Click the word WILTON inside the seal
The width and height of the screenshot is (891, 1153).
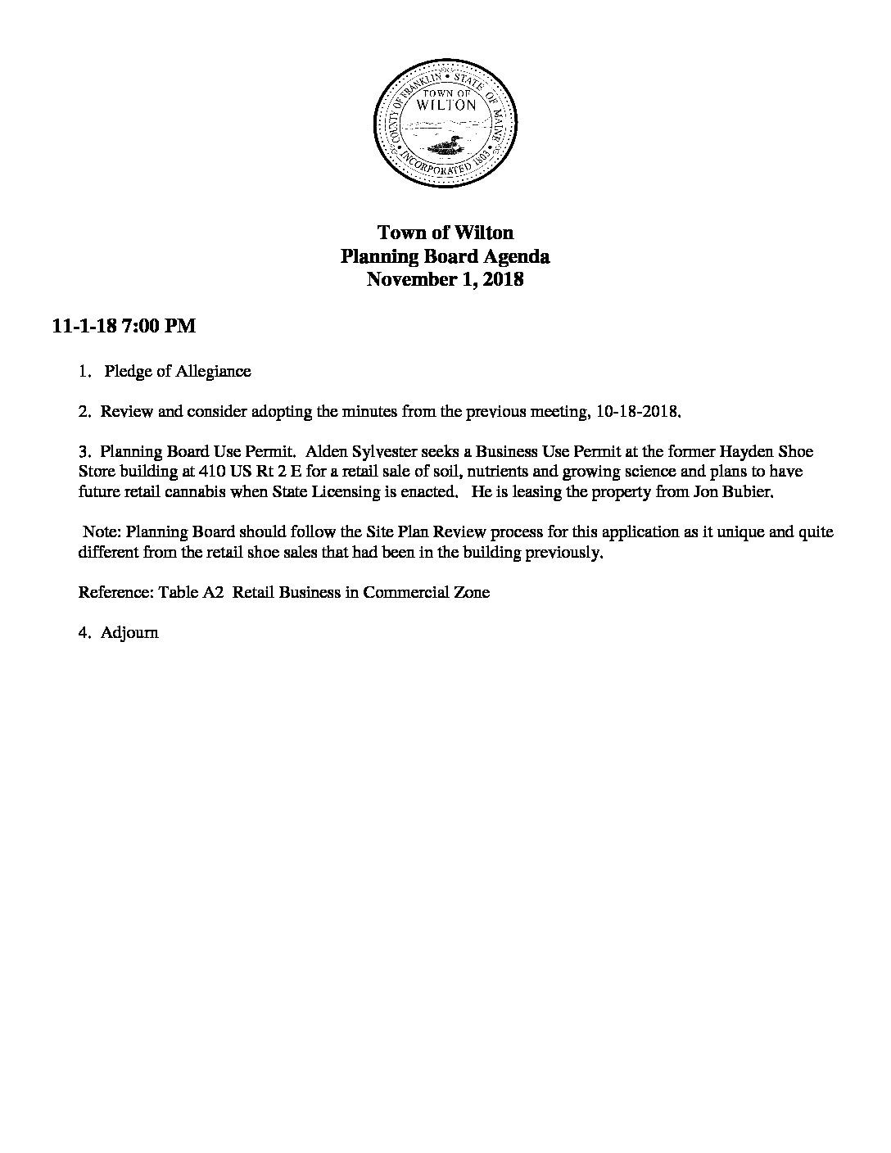pyautogui.click(x=445, y=105)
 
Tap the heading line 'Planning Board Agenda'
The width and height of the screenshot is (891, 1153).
pyautogui.click(x=445, y=256)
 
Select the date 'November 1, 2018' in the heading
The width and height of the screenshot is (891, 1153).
pyautogui.click(x=445, y=279)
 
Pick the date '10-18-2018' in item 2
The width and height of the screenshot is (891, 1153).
pyautogui.click(x=635, y=411)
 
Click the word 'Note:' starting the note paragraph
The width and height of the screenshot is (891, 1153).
pyautogui.click(x=103, y=531)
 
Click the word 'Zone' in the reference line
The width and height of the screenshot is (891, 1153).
pyautogui.click(x=472, y=592)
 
